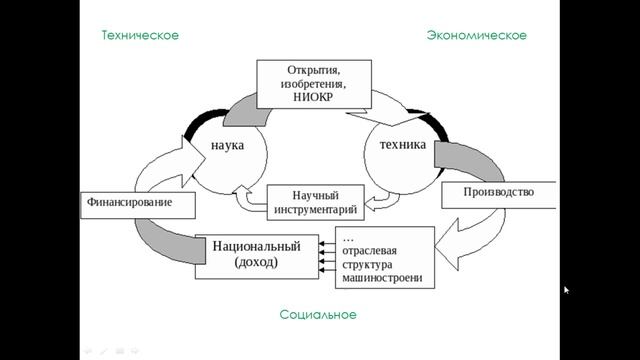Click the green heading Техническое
click(140, 35)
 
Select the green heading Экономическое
click(476, 35)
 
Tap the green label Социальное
click(318, 315)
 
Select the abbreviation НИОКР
click(313, 101)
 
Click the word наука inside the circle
click(228, 145)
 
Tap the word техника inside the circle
click(403, 145)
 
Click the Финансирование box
click(136, 203)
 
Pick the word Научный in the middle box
click(317, 192)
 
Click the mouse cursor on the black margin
click(566, 291)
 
